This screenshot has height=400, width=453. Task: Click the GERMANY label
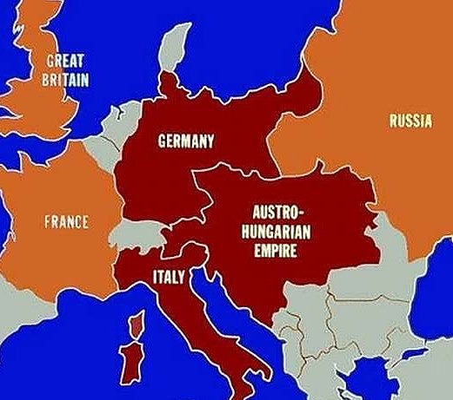(185, 141)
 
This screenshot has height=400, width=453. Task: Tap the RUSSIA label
(410, 121)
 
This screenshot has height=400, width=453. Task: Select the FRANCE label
(66, 221)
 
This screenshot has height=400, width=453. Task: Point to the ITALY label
(168, 278)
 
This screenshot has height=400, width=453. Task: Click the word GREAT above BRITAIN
(65, 62)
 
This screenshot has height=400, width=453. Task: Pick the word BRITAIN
(65, 79)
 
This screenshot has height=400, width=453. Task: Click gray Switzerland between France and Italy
(138, 232)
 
